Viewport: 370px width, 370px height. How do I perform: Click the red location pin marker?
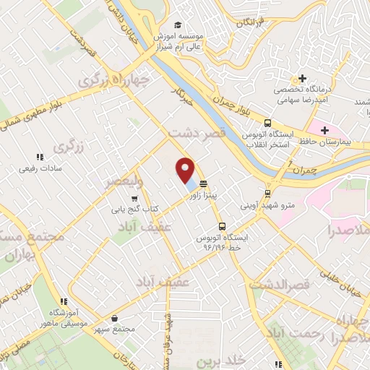[x=186, y=169]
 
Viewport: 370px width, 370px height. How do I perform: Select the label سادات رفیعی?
[x=41, y=168]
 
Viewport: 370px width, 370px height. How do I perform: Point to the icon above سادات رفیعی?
[x=40, y=156]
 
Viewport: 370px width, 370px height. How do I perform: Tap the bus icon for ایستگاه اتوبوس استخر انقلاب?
[x=268, y=123]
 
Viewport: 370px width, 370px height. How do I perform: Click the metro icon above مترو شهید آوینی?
[x=268, y=194]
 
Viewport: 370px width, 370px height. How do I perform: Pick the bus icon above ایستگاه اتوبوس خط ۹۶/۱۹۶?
[x=223, y=225]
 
